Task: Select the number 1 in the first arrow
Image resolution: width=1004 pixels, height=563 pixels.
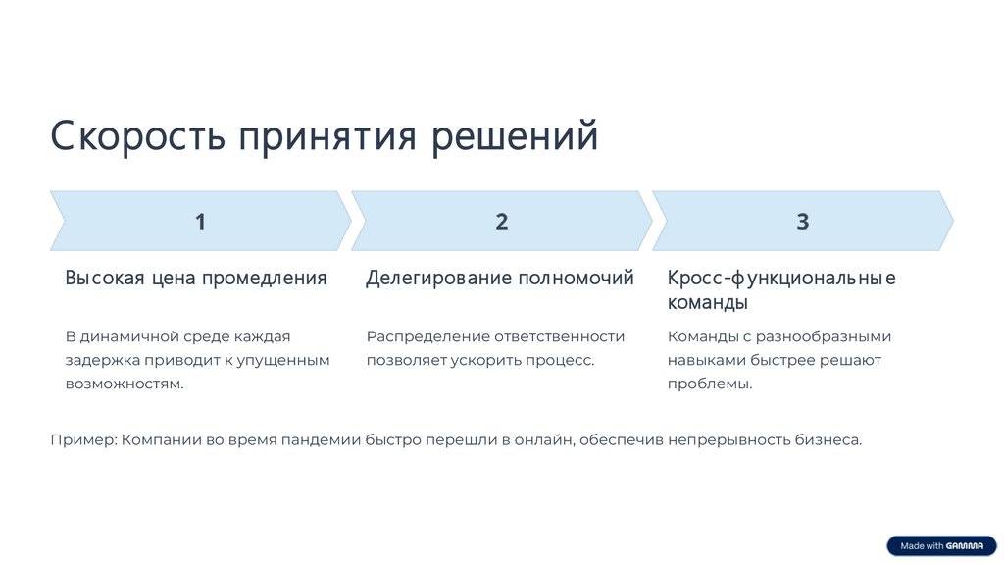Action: coord(200,222)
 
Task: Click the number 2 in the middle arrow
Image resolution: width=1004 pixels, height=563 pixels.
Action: coord(501,222)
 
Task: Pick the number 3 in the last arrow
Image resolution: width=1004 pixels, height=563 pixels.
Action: coord(802,222)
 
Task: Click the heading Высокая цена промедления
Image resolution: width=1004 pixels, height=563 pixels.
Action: coord(196,278)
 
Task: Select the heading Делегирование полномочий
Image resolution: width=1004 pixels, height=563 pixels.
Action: coord(500,278)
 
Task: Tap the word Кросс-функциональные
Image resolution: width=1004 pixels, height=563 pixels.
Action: coord(781,278)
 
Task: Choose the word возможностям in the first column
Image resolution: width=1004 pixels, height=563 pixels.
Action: coord(125,384)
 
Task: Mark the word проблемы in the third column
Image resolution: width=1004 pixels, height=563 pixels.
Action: coord(710,384)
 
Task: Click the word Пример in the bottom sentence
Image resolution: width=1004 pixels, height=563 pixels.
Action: coord(82,439)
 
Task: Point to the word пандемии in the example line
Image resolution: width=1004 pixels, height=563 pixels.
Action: coord(323,439)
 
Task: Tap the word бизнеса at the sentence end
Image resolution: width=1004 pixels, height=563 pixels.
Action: coord(829,439)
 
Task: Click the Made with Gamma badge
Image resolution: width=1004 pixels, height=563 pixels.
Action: coord(941,545)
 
